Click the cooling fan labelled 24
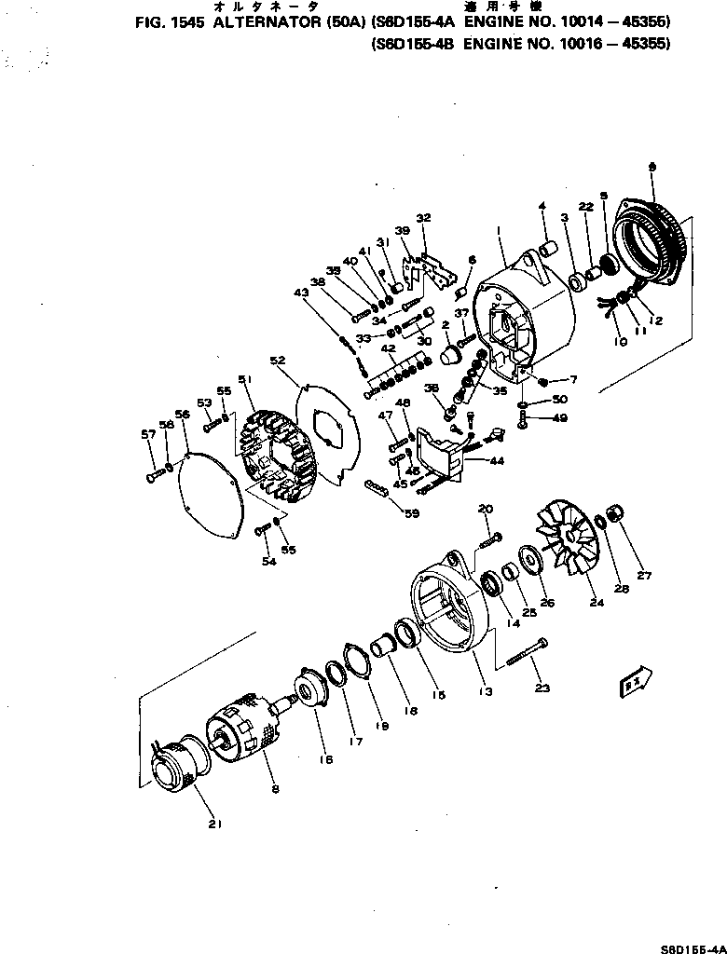click(x=569, y=550)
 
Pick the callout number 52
click(x=277, y=360)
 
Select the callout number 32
click(x=424, y=218)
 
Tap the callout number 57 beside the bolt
click(x=147, y=434)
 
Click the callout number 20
click(x=485, y=508)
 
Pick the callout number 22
click(x=585, y=206)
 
